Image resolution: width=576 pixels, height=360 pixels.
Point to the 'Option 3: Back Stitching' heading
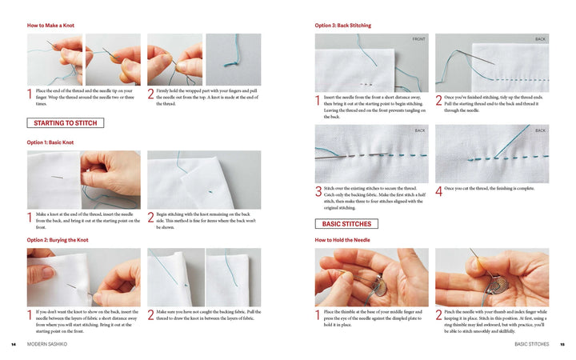[343, 26]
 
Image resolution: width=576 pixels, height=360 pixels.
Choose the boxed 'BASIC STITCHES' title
[346, 224]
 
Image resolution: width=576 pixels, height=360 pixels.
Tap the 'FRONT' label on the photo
[418, 39]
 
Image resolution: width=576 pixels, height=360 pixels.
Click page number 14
[14, 344]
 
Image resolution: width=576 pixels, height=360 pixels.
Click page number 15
[562, 344]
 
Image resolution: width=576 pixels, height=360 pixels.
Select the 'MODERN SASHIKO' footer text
[47, 344]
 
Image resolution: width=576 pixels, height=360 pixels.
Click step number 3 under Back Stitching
[318, 192]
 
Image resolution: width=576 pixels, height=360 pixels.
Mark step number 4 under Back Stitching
[438, 192]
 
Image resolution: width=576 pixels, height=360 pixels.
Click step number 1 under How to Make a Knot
[30, 97]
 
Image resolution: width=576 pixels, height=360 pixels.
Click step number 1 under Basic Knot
[30, 218]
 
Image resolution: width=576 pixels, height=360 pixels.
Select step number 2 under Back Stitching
[438, 101]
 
